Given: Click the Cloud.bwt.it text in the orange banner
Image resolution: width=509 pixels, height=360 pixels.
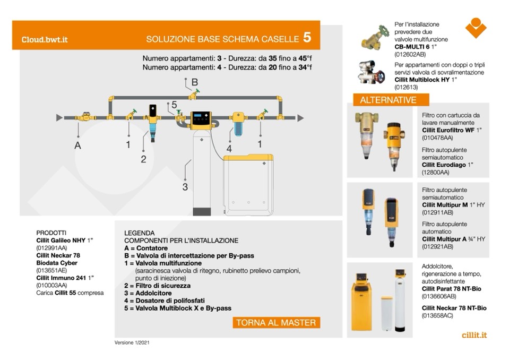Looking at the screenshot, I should pos(44,39).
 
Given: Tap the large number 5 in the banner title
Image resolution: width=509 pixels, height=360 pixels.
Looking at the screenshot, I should pos(307,38).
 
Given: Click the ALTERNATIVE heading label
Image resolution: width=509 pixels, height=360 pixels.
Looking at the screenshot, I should pos(388,100).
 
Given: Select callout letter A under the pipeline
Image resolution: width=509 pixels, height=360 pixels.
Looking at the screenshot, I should pos(78,145).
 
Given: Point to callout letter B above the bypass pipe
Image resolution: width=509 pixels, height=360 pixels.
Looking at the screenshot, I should pos(195,82).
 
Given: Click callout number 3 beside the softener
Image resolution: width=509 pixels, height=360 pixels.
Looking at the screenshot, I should pos(185,187).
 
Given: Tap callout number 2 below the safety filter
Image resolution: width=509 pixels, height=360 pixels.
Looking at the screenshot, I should pos(143,159).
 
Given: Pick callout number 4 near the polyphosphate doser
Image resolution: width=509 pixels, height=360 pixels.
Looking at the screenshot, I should pos(229,149).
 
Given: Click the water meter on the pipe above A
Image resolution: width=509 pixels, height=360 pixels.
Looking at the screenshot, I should pos(83,117).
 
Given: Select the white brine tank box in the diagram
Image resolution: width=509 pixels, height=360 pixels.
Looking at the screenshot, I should pos(248,182).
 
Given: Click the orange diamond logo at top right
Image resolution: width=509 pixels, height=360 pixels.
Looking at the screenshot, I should pos(476,28).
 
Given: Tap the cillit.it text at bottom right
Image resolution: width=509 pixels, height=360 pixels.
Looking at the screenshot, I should pos(474,335).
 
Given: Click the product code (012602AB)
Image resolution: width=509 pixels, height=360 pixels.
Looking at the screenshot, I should pos(410,54).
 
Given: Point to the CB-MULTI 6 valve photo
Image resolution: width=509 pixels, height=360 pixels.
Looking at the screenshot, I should pos(375,38).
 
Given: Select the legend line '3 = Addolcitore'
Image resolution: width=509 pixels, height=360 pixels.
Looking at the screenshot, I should pos(148,293).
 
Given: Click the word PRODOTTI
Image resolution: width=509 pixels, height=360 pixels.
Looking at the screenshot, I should pos(51,233).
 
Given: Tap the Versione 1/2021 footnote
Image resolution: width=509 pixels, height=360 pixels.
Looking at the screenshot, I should pos(135,343).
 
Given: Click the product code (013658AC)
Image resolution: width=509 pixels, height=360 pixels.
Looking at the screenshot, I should pos(438,315).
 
